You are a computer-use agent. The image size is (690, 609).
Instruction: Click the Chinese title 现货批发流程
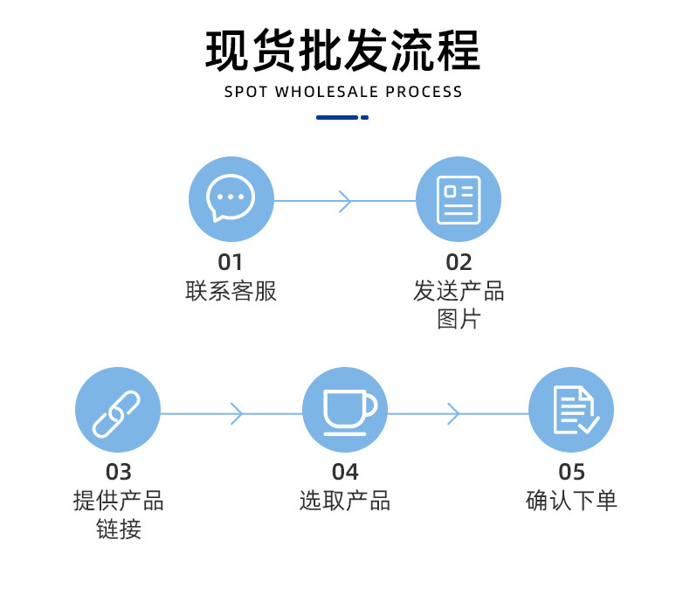pos(343,51)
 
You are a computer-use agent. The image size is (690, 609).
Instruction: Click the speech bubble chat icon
pos(231,199)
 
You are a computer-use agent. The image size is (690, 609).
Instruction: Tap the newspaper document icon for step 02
pos(459,199)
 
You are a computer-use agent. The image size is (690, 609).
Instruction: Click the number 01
pos(231,262)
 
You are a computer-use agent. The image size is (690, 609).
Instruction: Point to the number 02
pos(459,262)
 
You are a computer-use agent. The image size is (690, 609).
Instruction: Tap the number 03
pos(118,473)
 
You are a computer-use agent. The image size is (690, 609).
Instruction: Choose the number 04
pos(345,473)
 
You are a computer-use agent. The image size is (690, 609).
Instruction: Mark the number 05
pos(572,473)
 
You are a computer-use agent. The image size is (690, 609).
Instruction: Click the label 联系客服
pos(231,292)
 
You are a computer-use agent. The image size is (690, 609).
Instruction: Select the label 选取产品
pos(345,502)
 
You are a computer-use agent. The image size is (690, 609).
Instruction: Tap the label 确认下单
pos(572,502)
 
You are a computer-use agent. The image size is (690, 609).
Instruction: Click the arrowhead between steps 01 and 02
pos(344,201)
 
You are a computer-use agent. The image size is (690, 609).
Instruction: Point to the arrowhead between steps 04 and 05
pos(452,413)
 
